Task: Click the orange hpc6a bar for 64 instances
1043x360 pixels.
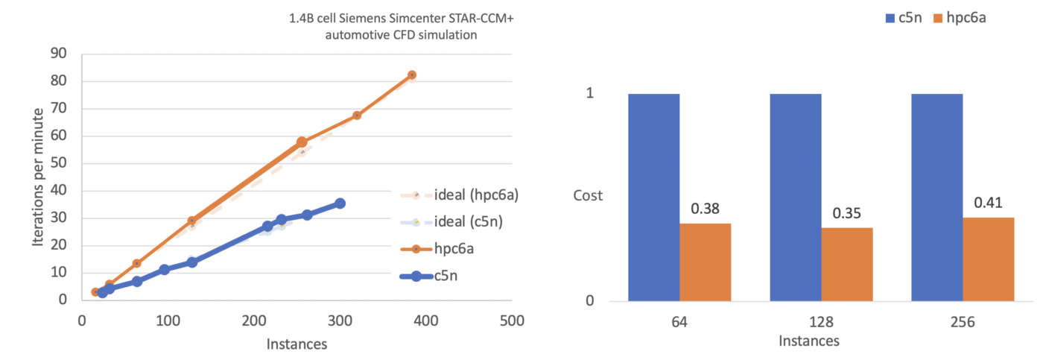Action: tap(705, 262)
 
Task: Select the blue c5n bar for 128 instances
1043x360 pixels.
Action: tap(795, 198)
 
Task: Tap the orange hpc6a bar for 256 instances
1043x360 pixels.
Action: tap(988, 259)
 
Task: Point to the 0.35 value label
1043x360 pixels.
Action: tap(846, 213)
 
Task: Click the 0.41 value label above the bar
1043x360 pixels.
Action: tap(988, 203)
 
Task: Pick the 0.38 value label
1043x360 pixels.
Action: tap(705, 209)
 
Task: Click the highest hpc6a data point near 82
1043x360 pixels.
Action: tap(411, 75)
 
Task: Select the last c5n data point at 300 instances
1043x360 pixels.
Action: tap(340, 203)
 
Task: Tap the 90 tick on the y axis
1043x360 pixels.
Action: tap(58, 54)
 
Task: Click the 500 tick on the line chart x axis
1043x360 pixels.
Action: tap(511, 321)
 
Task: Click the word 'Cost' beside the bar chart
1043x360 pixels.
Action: tap(588, 196)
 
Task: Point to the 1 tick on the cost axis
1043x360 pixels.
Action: tap(590, 94)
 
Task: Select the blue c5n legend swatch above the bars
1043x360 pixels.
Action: tap(890, 14)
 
